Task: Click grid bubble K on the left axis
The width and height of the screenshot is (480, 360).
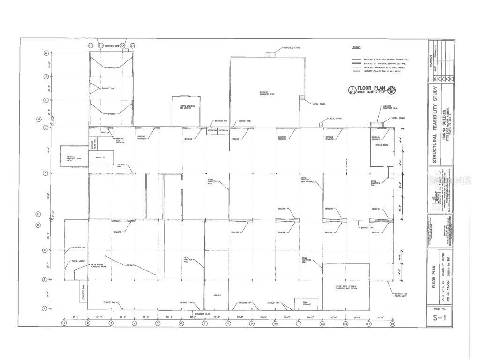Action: (x=46, y=53)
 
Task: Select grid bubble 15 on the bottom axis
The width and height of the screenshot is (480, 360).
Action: (x=392, y=323)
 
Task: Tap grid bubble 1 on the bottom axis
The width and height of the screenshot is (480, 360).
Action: (x=64, y=323)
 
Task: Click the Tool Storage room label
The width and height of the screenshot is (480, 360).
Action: (x=299, y=304)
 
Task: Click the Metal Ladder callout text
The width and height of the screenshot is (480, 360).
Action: (x=78, y=261)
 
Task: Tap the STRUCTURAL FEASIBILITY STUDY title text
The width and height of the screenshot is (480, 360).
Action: (x=435, y=125)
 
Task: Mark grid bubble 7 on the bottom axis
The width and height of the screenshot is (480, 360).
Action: (x=205, y=323)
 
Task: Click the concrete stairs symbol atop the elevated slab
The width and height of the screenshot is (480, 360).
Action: (x=271, y=54)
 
